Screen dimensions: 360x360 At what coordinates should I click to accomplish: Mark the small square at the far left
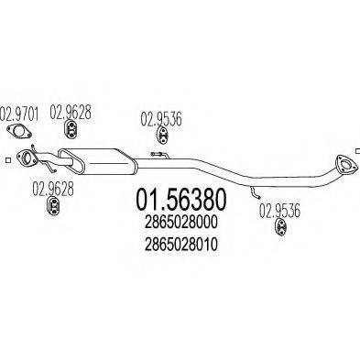[7, 162]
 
